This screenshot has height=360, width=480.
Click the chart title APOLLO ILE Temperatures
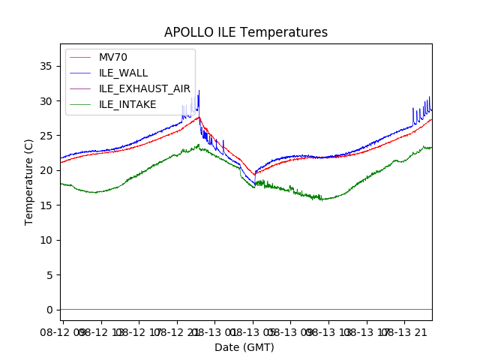coord(246,33)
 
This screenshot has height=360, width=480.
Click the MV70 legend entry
coord(112,58)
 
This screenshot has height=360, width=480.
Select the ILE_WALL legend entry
coord(123,73)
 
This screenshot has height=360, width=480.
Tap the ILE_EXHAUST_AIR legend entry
coord(145,88)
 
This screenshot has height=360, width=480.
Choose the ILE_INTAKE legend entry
coord(127,104)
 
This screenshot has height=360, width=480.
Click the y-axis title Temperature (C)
coord(29,181)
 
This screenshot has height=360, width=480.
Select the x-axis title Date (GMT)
coord(244,347)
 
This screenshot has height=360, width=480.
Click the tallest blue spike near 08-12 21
coord(199,91)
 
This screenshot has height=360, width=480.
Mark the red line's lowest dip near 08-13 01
coord(255,174)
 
